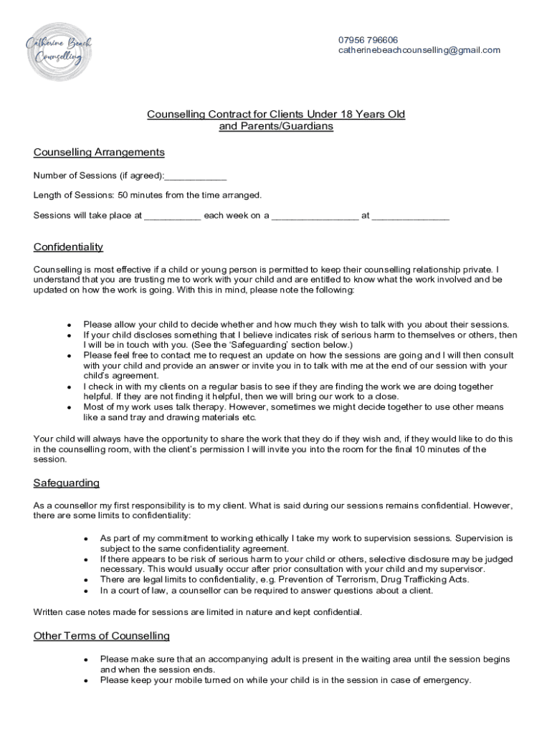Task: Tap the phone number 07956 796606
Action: click(x=368, y=39)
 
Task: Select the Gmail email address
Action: click(x=419, y=50)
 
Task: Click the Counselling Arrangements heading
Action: click(x=99, y=152)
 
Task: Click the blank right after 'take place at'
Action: click(x=172, y=214)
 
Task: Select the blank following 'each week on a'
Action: click(x=315, y=214)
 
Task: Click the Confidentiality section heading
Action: click(x=68, y=247)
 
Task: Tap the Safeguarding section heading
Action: click(x=67, y=483)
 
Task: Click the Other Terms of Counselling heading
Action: click(x=102, y=637)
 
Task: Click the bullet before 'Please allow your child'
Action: click(x=68, y=325)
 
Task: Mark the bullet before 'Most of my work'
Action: click(x=68, y=408)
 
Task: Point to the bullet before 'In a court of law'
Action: click(x=85, y=591)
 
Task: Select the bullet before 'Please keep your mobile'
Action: click(x=85, y=681)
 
